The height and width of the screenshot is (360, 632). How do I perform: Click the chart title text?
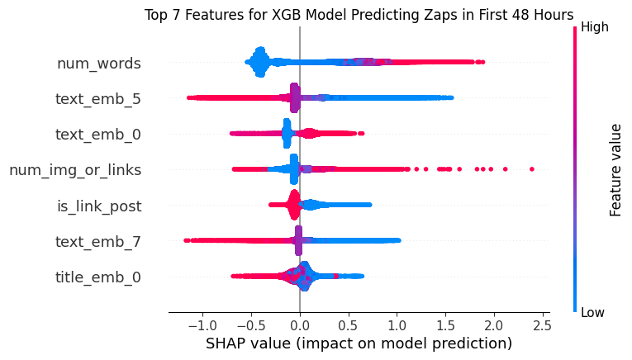(x=359, y=15)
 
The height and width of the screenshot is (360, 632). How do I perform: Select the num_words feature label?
(x=98, y=63)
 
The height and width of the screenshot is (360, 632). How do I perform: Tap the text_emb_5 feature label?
(x=97, y=99)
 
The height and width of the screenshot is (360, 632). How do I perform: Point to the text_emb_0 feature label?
(x=97, y=135)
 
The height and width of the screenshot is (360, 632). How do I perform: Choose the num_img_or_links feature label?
(x=75, y=170)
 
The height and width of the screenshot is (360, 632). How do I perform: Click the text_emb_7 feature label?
(x=97, y=241)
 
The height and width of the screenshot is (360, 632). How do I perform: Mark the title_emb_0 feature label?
(x=97, y=277)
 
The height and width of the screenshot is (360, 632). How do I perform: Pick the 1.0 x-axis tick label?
(x=397, y=324)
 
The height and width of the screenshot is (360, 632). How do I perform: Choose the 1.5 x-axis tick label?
(x=445, y=324)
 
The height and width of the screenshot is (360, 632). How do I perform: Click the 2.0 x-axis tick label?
(x=494, y=324)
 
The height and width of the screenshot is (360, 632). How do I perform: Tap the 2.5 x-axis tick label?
(x=542, y=324)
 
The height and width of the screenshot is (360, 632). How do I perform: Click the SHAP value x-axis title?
(x=359, y=343)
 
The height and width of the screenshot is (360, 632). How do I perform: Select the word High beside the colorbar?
(x=595, y=26)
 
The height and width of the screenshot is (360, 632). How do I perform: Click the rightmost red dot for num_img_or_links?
(x=531, y=169)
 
